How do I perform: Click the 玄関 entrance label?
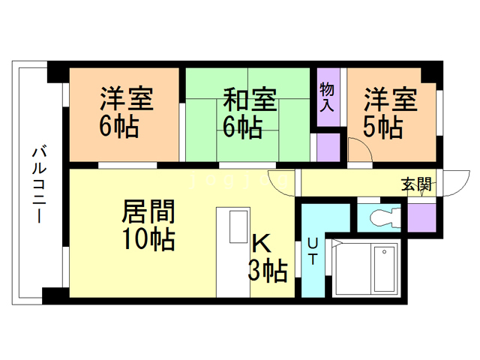tap(415, 182)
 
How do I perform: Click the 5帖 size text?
tap(382, 126)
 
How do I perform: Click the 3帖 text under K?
tap(268, 269)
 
